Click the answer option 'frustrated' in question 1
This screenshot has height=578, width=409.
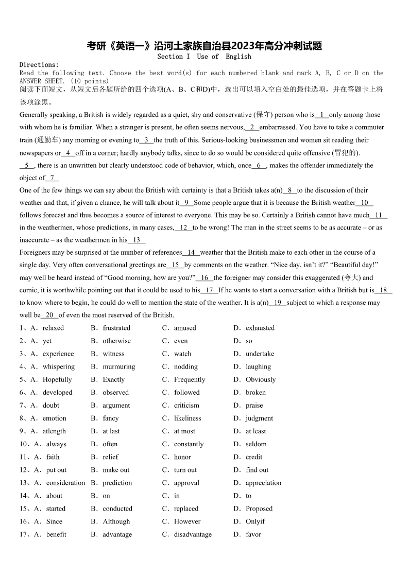click(x=116, y=328)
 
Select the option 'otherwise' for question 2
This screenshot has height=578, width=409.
click(x=116, y=341)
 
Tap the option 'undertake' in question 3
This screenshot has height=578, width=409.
click(x=260, y=354)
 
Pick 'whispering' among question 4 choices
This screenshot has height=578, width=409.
click(x=58, y=366)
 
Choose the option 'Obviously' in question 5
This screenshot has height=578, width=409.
click(x=261, y=379)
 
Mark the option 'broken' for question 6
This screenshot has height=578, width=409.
click(x=255, y=392)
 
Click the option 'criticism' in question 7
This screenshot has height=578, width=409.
click(x=186, y=405)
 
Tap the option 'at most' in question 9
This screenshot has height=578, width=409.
click(x=184, y=431)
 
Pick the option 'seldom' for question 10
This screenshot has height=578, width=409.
click(x=256, y=444)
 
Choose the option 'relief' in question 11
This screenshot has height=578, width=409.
click(x=110, y=457)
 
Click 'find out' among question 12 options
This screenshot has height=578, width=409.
click(x=257, y=469)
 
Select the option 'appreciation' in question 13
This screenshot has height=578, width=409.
click(x=263, y=482)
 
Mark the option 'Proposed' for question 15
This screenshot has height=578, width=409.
click(x=259, y=508)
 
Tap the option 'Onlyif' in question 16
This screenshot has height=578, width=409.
click(x=255, y=521)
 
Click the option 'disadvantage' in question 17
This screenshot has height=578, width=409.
click(x=193, y=534)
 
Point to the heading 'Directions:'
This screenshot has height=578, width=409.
click(x=39, y=65)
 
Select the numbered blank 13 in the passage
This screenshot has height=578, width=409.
click(x=137, y=240)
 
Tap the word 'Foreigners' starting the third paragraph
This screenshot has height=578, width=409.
click(x=37, y=252)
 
